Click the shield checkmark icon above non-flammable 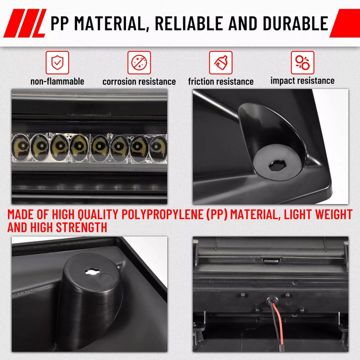pyautogui.click(x=57, y=62)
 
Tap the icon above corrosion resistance pyautogui.click(x=139, y=62)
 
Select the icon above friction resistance pyautogui.click(x=220, y=62)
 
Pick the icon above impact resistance pyautogui.click(x=302, y=62)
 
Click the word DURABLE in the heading pyautogui.click(x=295, y=23)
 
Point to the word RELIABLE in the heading pyautogui.click(x=188, y=23)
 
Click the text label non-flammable pyautogui.click(x=57, y=81)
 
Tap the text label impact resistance pyautogui.click(x=302, y=80)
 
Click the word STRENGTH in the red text pyautogui.click(x=81, y=227)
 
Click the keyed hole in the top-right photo pyautogui.click(x=277, y=165)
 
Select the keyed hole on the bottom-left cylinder pyautogui.click(x=92, y=272)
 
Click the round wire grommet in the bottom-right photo pyautogui.click(x=272, y=301)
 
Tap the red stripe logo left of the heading pyautogui.click(x=25, y=23)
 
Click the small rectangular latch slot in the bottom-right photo pyautogui.click(x=271, y=260)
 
